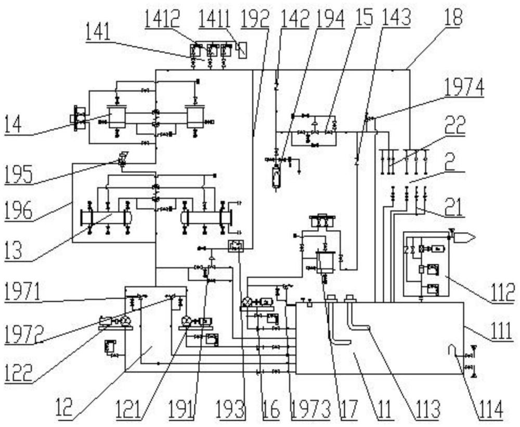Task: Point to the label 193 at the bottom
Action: pos(231,410)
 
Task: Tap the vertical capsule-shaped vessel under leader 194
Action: pos(276,177)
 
